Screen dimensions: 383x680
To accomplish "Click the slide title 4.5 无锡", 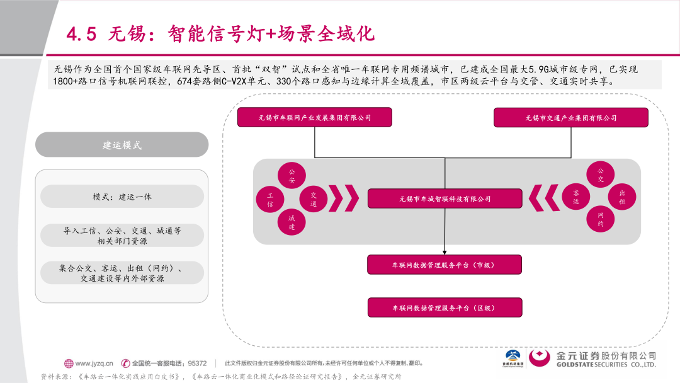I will point(220,33).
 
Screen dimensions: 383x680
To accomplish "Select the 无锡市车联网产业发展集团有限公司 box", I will point(314,117).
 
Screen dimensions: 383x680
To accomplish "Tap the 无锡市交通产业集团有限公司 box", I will point(570,118).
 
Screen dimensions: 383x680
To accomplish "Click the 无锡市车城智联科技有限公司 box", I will point(445,199).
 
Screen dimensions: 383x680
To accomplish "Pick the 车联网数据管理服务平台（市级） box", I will point(445,265).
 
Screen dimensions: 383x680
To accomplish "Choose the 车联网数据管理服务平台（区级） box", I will point(445,307).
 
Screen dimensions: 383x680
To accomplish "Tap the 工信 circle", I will point(269,200).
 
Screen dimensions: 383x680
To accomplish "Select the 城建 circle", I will point(292,221).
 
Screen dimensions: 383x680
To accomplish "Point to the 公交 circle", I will point(600,175).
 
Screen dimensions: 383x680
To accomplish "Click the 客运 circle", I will point(575,197).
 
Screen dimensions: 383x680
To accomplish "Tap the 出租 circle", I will point(622,197).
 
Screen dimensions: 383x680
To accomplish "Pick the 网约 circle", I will point(600,219).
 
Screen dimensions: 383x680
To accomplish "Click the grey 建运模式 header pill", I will point(122,145).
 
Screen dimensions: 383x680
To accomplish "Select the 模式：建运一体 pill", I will point(122,197).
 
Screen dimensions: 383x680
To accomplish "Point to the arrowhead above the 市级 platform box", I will point(445,252).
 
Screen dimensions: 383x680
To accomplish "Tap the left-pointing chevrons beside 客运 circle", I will point(544,198).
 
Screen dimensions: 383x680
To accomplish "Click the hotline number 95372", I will point(198,363).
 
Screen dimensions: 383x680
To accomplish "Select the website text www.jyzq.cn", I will point(94,363).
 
